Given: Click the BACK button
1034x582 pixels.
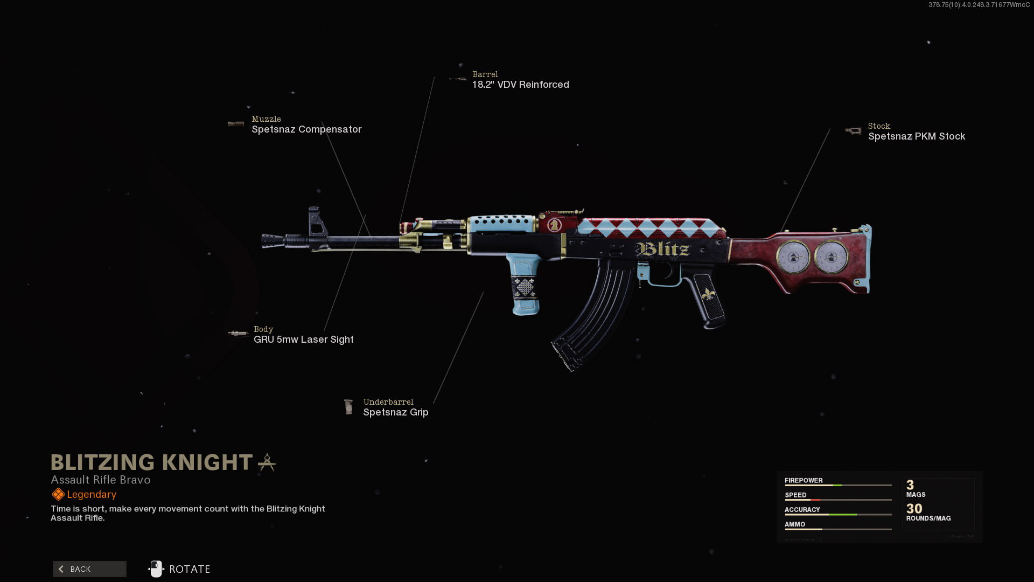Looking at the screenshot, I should tap(89, 569).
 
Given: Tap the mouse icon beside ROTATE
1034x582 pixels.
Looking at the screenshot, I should tap(156, 569).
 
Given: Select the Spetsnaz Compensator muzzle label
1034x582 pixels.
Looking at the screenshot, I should tap(306, 129).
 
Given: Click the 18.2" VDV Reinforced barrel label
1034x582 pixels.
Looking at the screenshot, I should tap(520, 85).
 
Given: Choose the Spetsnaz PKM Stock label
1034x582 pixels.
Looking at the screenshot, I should tap(916, 136).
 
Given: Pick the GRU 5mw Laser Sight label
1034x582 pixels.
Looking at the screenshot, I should tap(303, 339).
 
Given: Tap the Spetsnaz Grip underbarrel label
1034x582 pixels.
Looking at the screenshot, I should tap(395, 412).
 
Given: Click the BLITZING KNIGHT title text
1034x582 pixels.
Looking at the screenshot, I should tap(151, 462).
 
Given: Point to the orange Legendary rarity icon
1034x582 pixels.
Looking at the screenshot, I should tap(58, 494).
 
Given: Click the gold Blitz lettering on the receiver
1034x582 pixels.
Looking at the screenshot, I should tap(663, 249).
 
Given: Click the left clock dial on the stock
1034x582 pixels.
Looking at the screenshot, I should tap(793, 257).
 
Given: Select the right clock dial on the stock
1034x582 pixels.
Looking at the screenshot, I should tap(830, 257).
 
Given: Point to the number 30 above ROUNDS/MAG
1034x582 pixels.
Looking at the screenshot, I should tap(914, 509).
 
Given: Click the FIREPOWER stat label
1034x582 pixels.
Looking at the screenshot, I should tap(803, 480).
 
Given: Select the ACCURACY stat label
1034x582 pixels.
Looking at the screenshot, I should tap(802, 509).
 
